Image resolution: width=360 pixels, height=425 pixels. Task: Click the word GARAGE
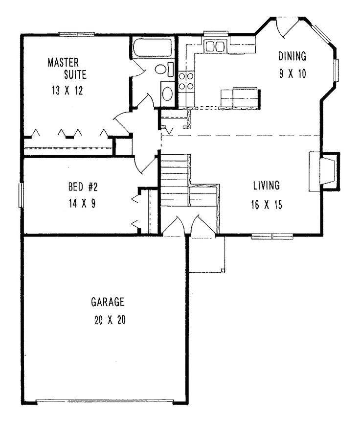click(x=107, y=301)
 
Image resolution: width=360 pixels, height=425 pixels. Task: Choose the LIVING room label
click(x=266, y=186)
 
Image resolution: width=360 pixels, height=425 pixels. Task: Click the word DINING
click(x=292, y=55)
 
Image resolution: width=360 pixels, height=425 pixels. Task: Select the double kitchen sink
click(x=215, y=47)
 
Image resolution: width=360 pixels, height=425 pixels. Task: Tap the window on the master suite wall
click(x=76, y=34)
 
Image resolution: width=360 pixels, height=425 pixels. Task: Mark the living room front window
click(x=272, y=236)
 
